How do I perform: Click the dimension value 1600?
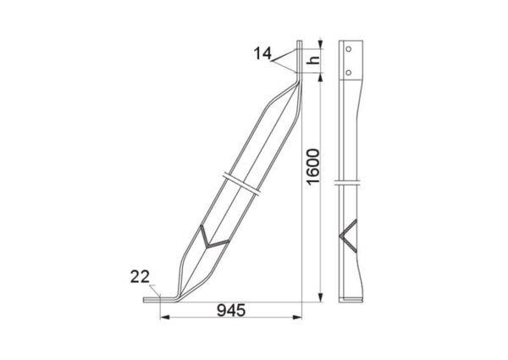313,167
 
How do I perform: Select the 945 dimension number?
231,310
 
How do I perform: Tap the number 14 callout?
262,53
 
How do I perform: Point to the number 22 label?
140,277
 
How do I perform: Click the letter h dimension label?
314,60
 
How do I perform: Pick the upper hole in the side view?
348,49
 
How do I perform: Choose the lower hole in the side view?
348,72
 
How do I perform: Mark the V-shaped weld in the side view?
349,235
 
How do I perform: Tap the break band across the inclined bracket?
241,184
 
